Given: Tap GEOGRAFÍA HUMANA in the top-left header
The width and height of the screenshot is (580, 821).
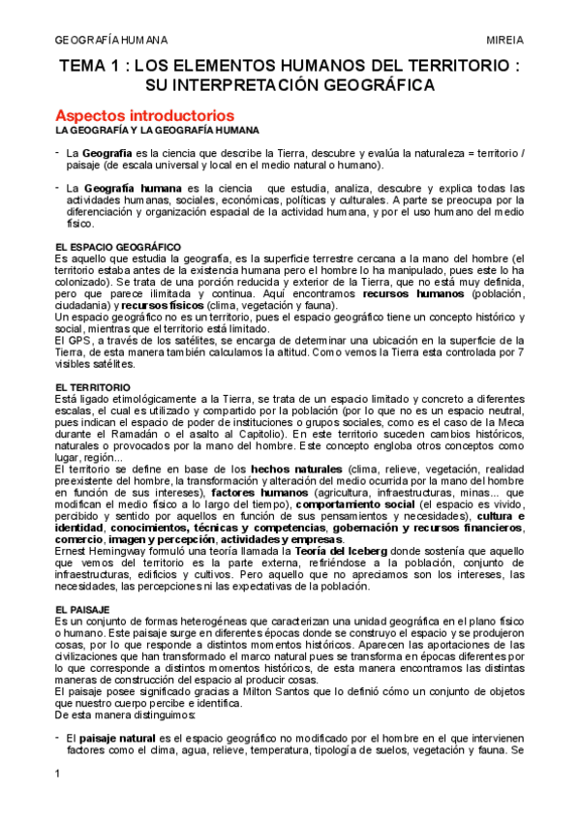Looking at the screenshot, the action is (x=109, y=40).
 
